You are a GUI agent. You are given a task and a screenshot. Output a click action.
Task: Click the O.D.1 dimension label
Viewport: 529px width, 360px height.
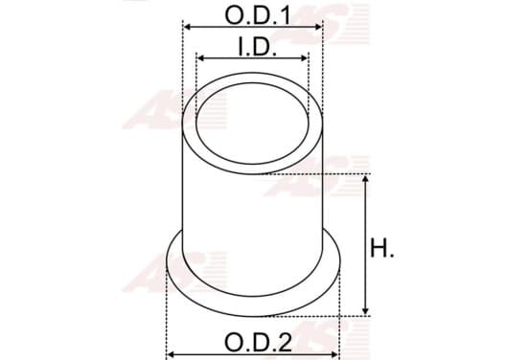coord(257,15)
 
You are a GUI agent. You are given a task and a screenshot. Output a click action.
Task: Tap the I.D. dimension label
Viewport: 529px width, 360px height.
coord(257,47)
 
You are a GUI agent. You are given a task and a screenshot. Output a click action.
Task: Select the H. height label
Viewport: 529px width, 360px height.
coord(382,248)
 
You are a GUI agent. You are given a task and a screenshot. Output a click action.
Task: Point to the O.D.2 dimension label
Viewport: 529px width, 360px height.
coord(258,343)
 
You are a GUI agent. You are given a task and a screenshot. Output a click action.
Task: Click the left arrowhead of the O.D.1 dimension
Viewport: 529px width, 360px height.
coord(188,27)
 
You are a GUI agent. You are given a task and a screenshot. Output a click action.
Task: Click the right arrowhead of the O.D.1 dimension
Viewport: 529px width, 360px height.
coord(318,27)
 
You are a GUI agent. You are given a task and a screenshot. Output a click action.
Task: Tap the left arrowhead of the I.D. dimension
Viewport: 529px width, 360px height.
coord(201,58)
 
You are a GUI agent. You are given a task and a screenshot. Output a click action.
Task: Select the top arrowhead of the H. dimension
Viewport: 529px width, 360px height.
coord(365,179)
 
